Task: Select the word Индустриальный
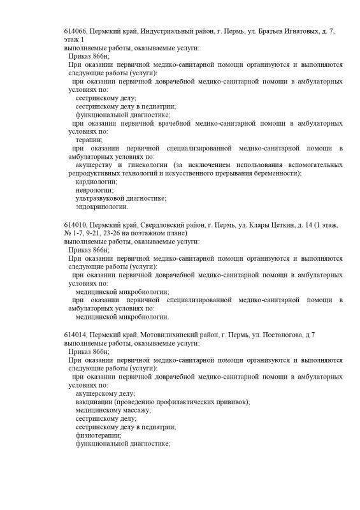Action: coord(148,31)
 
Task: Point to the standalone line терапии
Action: coord(89,140)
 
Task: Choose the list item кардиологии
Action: coord(96,182)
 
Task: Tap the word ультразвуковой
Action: coord(101,198)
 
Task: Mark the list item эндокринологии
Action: coord(102,207)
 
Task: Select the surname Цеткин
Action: coord(268,226)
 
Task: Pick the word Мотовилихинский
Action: coord(154,335)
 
